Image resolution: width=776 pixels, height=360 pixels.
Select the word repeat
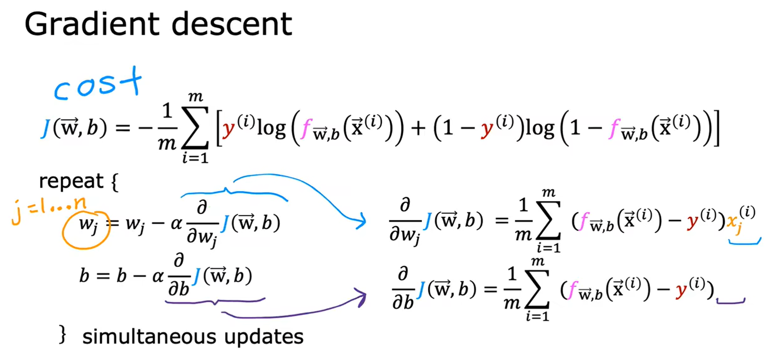(x=71, y=181)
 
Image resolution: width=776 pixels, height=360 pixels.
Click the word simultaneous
(x=149, y=337)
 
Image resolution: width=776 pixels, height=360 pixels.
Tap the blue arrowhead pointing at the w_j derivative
(x=361, y=220)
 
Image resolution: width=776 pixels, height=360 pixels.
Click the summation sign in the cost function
(x=195, y=128)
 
